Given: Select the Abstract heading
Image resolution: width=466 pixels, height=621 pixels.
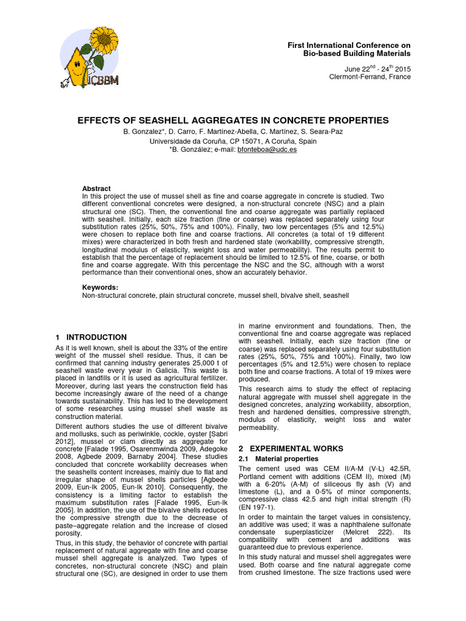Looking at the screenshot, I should click(96, 189).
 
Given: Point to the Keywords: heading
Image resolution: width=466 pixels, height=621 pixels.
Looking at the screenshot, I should click(100, 287).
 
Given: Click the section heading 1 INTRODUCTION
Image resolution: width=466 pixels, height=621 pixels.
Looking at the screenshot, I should click(91, 337).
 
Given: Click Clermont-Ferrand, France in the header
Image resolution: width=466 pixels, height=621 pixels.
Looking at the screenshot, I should click(370, 77).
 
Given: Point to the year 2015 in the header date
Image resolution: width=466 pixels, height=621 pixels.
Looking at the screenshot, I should click(401, 69).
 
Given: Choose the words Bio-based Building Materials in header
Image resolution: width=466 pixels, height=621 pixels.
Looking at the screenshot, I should click(357, 54).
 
